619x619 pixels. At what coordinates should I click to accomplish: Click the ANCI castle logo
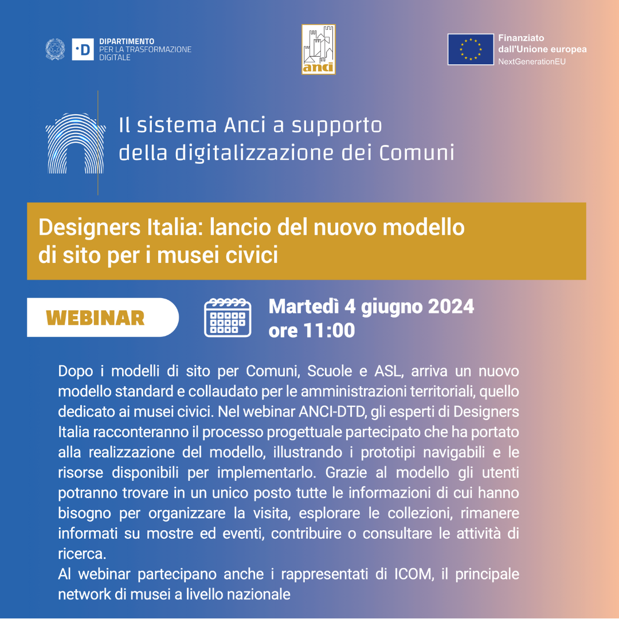pyautogui.click(x=319, y=49)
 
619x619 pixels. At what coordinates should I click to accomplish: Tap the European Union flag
pyautogui.click(x=471, y=49)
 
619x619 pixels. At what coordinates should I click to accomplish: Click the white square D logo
pyautogui.click(x=83, y=49)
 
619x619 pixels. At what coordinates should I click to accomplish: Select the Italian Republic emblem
pyautogui.click(x=55, y=49)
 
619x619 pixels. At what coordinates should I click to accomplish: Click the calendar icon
pyautogui.click(x=228, y=318)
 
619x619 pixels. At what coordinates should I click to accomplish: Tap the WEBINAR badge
pyautogui.click(x=103, y=318)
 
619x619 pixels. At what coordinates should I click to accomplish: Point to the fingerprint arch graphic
pyautogui.click(x=76, y=144)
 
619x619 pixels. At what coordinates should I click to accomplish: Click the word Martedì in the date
pyautogui.click(x=304, y=306)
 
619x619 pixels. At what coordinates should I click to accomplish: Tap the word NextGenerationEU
pyautogui.click(x=532, y=61)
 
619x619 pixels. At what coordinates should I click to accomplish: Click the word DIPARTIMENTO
pyautogui.click(x=127, y=41)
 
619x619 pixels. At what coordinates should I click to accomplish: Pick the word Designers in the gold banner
pyautogui.click(x=89, y=228)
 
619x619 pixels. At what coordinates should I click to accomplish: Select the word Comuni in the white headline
pyautogui.click(x=417, y=153)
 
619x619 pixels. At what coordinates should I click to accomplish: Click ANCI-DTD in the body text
pyautogui.click(x=332, y=412)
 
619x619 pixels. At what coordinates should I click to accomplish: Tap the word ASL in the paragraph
pyautogui.click(x=389, y=371)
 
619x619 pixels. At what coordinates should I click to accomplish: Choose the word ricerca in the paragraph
pyautogui.click(x=82, y=554)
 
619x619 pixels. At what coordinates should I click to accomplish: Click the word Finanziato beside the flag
pyautogui.click(x=521, y=38)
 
